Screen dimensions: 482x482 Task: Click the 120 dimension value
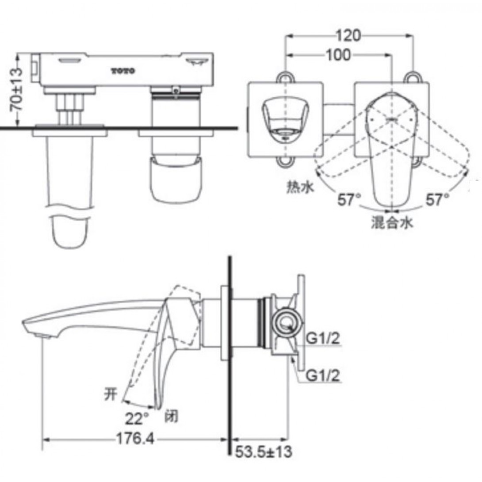(x=348, y=36)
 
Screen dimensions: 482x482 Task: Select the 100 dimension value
(x=338, y=55)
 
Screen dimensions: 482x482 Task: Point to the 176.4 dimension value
(x=135, y=439)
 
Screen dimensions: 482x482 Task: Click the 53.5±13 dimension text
(x=264, y=452)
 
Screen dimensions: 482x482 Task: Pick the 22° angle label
(x=137, y=418)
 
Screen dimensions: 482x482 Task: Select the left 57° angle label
(x=349, y=200)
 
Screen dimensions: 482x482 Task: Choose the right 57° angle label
(x=437, y=200)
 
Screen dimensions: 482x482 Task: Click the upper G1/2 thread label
(x=323, y=339)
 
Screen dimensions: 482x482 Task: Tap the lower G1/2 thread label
(x=323, y=375)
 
